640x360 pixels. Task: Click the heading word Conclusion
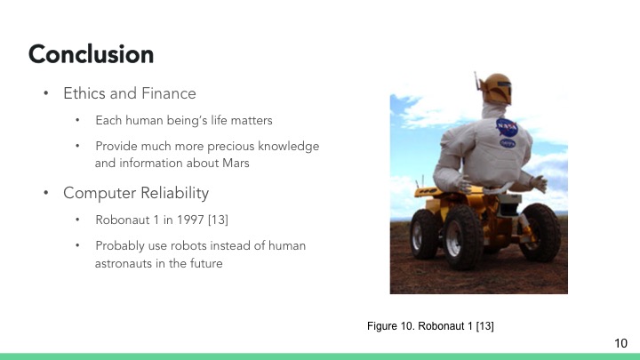[91, 54]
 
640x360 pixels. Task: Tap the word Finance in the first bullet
[169, 93]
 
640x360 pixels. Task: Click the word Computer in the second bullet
[97, 192]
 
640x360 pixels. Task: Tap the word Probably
[120, 245]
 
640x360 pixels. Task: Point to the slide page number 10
[621, 343]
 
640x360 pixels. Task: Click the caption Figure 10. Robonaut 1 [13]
[430, 327]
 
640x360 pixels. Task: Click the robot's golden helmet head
[494, 87]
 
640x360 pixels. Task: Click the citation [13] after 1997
[220, 220]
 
